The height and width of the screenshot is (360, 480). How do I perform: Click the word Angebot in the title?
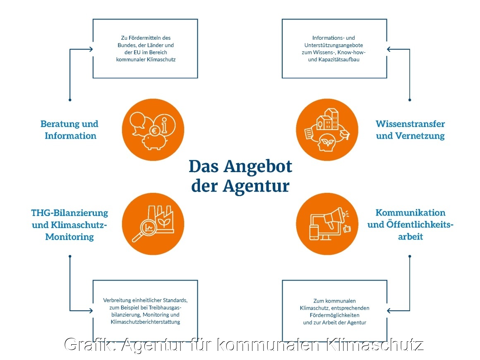click(x=258, y=167)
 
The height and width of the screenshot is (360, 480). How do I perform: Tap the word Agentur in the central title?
click(x=256, y=186)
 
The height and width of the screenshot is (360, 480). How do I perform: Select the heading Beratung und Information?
click(x=70, y=130)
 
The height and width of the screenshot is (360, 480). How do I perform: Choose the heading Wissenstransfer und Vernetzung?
click(x=410, y=130)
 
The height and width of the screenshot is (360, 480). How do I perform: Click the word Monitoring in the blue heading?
click(x=70, y=237)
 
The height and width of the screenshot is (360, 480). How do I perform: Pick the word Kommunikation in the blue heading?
click(x=410, y=213)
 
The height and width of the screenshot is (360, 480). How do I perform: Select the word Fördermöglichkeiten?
click(x=334, y=315)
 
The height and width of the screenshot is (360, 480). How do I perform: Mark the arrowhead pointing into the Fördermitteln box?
click(x=90, y=50)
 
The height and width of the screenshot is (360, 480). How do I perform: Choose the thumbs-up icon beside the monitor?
click(x=346, y=228)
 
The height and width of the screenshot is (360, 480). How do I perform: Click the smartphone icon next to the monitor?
click(x=314, y=232)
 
